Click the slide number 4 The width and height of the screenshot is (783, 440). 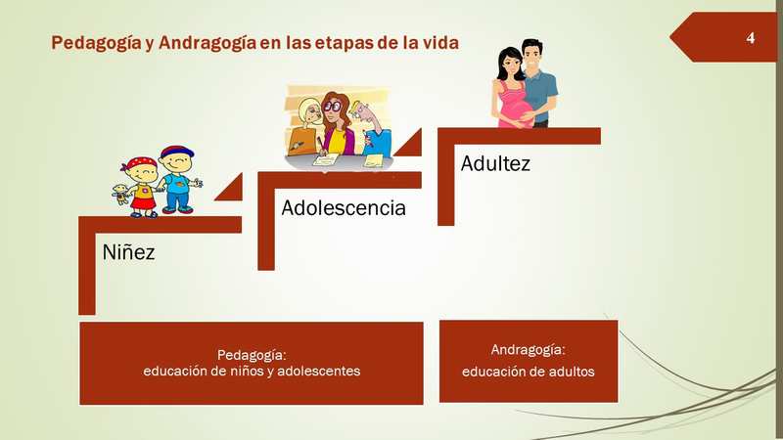(750, 38)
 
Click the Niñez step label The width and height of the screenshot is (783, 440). (128, 252)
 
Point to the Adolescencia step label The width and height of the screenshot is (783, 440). (344, 207)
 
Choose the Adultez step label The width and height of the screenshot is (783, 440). (495, 163)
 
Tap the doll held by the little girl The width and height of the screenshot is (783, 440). (120, 194)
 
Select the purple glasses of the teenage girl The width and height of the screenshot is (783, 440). (332, 107)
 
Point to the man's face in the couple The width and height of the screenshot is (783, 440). (532, 58)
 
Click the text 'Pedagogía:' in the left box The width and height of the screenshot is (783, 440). (252, 355)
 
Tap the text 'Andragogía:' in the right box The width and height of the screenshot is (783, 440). (528, 350)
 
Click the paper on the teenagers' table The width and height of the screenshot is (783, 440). (326, 159)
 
